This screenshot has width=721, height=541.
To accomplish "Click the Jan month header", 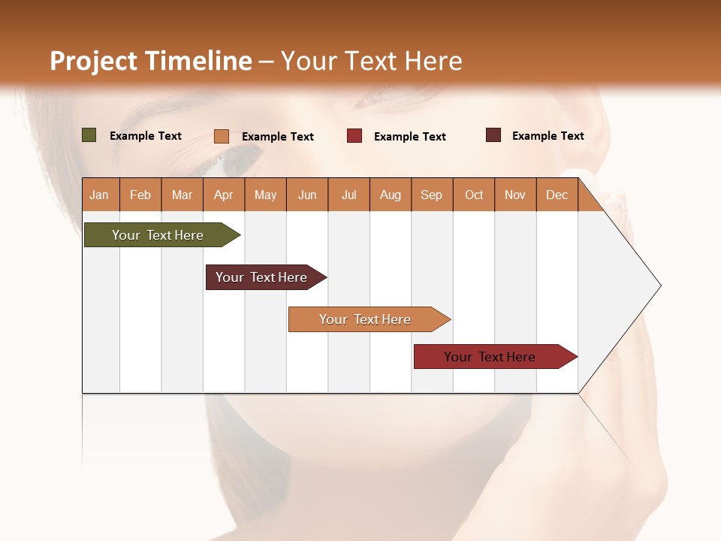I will [x=100, y=195].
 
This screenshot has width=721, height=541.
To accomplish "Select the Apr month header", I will [x=224, y=195].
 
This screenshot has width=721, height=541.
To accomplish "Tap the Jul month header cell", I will [x=349, y=195].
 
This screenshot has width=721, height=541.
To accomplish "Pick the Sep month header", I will [x=432, y=195].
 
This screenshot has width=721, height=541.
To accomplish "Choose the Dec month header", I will [x=557, y=195].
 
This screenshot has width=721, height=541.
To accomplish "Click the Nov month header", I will [x=515, y=195].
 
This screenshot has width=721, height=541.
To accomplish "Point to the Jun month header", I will [x=307, y=195].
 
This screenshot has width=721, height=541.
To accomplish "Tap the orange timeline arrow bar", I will [x=366, y=319].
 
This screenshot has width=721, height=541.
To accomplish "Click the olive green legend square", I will [x=89, y=135].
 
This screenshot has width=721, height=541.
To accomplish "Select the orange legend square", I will [x=222, y=136].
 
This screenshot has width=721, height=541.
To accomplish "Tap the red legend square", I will [x=354, y=136].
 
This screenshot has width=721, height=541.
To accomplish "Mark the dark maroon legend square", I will [x=493, y=135].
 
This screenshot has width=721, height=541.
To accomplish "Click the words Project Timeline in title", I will [x=150, y=61].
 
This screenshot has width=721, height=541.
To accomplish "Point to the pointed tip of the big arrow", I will [x=659, y=286].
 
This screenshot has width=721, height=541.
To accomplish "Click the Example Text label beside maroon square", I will [x=548, y=136].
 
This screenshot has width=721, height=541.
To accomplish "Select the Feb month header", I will [x=140, y=195].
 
